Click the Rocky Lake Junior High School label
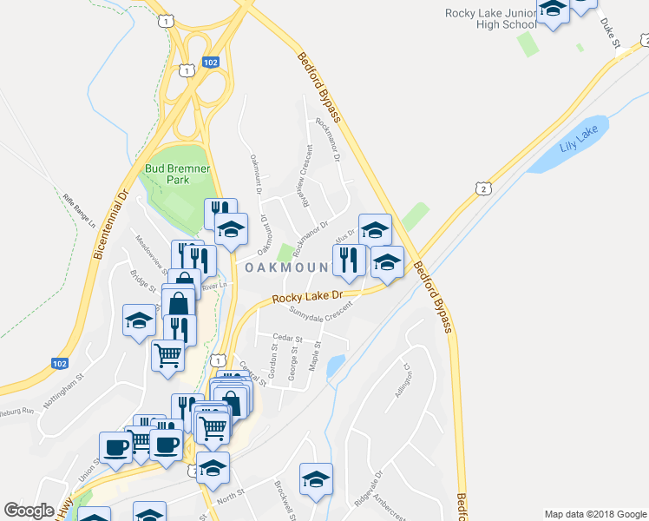click(x=490, y=19)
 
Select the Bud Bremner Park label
click(x=167, y=173)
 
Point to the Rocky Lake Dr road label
click(x=308, y=298)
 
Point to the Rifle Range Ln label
click(x=79, y=210)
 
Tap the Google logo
click(x=29, y=511)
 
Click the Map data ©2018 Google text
click(x=595, y=514)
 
